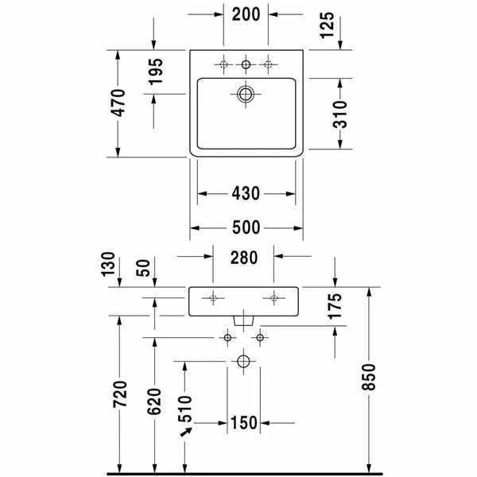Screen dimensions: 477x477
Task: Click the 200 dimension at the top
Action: (246, 14)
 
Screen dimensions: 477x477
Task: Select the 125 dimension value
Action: (328, 25)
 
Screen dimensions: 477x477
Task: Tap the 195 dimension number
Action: (156, 72)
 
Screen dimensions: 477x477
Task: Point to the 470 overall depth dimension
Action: (118, 103)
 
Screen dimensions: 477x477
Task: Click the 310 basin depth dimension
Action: (339, 114)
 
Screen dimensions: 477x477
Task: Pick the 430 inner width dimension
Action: (246, 193)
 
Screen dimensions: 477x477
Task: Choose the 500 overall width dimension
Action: (246, 227)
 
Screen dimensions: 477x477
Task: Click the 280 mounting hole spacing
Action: (244, 258)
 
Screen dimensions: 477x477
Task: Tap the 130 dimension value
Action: (108, 265)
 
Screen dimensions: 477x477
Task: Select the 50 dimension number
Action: (143, 268)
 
